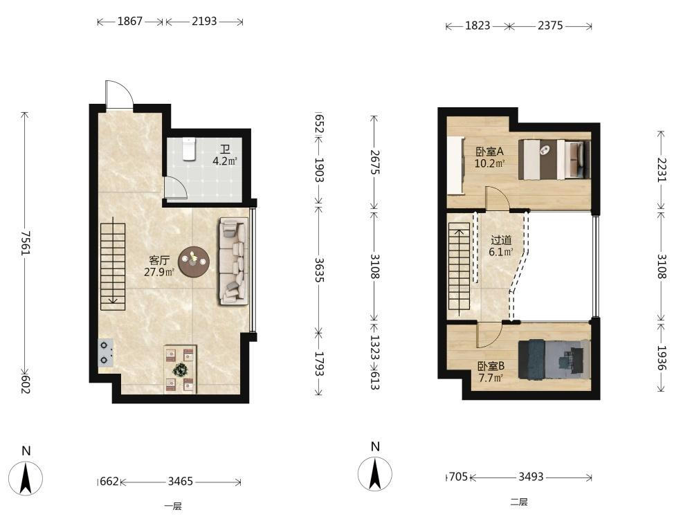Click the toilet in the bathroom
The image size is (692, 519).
coord(189,149)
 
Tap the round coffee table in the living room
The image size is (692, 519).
coord(194,262)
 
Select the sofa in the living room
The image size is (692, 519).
coord(233,262)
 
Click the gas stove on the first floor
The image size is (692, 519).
coord(105,353)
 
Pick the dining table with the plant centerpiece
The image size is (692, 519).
coord(180,369)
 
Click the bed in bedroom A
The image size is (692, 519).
coord(554,159)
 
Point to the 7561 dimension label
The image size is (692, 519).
coord(25,242)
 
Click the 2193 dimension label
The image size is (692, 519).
coord(204,21)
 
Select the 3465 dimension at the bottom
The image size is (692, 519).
coord(180,481)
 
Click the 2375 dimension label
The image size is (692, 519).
coord(550,26)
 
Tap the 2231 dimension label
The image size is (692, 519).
coord(661,169)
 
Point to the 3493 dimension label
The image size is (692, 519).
coord(531,477)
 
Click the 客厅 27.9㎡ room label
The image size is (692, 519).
coord(159,266)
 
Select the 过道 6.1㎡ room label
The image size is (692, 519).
coord(501,246)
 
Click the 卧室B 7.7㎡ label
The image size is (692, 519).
coord(491,372)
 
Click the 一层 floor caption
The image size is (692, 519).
coord(173,507)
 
